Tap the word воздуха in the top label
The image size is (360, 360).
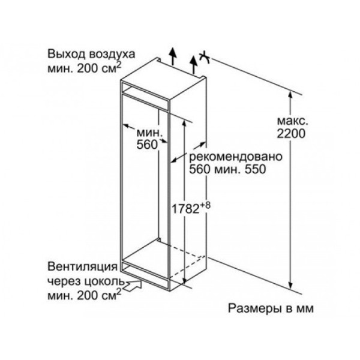point(112,55)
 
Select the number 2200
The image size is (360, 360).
point(291,133)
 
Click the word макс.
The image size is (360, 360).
point(293,121)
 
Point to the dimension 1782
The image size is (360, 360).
point(185,209)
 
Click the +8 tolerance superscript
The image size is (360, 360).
point(205,205)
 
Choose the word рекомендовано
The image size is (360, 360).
point(235,157)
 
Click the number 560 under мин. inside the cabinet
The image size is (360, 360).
point(147,145)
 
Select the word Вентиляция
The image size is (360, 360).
point(82,267)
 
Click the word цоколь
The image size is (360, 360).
point(106,281)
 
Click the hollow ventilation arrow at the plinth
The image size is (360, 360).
point(133,286)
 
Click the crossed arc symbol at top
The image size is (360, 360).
point(205,57)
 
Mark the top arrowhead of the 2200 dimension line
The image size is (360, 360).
point(290,95)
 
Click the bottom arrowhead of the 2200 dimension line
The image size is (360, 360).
point(290,286)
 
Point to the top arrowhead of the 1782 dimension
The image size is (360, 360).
point(184,124)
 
